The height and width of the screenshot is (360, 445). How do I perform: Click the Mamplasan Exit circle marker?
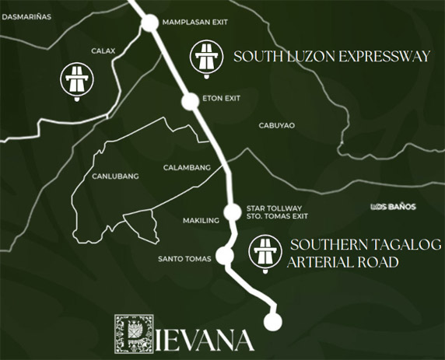pyautogui.click(x=149, y=23)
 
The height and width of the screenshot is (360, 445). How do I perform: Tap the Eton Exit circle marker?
pyautogui.click(x=190, y=100)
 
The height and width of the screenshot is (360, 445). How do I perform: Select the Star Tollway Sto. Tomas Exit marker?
pyautogui.click(x=232, y=211)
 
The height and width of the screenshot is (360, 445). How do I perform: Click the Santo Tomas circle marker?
pyautogui.click(x=225, y=255)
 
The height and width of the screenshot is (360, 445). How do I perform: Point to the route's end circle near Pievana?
pyautogui.click(x=272, y=321)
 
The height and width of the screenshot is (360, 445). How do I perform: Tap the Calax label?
pyautogui.click(x=103, y=51)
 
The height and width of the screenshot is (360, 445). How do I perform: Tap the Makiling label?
pyautogui.click(x=201, y=221)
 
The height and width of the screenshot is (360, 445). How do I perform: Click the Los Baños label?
pyautogui.click(x=394, y=207)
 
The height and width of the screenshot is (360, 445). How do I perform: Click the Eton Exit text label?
pyautogui.click(x=222, y=98)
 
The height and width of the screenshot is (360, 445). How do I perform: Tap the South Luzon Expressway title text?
pyautogui.click(x=332, y=57)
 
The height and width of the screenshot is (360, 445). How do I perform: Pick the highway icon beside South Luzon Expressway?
pyautogui.click(x=207, y=59)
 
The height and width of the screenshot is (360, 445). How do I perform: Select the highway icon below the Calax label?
pyautogui.click(x=76, y=80)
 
